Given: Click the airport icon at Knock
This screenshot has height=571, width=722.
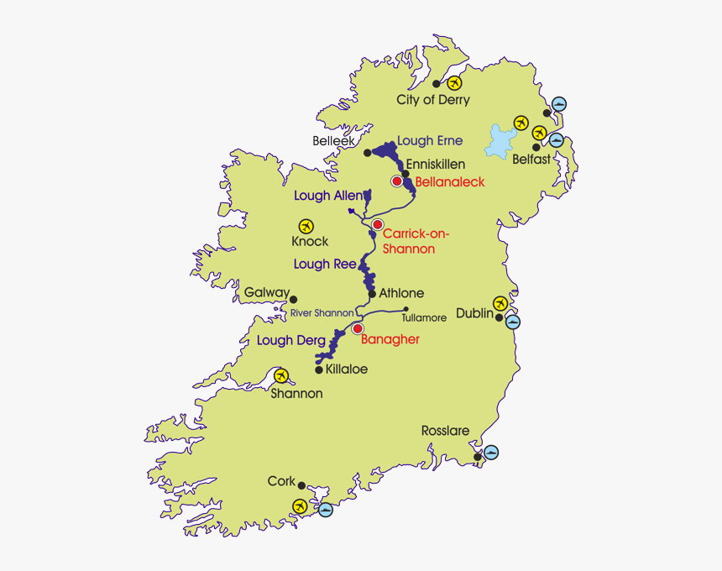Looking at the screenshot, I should [306, 226].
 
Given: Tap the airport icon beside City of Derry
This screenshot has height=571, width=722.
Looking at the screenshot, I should [455, 83].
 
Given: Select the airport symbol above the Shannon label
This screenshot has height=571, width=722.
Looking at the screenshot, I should [280, 375].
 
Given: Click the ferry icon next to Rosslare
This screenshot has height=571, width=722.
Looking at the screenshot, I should [491, 453].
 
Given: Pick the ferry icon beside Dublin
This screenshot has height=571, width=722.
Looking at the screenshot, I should [513, 321].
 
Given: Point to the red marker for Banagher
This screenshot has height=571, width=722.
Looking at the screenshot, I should [358, 329].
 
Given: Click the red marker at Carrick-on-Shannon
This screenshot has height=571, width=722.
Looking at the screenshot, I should [378, 224].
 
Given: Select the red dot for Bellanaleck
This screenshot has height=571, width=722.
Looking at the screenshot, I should [397, 181].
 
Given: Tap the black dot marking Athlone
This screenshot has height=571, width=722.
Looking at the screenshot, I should [372, 294].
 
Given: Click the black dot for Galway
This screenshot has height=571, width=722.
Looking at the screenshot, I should [294, 298].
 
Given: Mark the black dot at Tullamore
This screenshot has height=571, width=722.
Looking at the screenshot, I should [406, 308].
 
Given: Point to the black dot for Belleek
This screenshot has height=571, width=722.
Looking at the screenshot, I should [367, 152].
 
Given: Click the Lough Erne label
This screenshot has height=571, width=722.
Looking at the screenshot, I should [430, 141].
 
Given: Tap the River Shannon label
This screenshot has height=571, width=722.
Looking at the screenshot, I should [322, 313].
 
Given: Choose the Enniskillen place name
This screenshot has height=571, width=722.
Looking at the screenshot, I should [435, 165].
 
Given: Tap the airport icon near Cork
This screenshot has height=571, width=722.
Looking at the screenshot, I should [299, 506].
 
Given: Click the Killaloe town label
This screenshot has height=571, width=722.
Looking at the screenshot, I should [346, 369].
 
